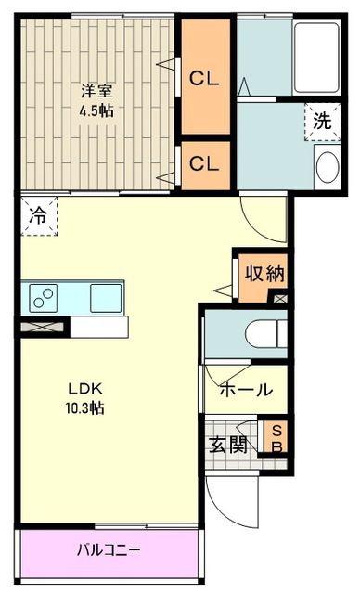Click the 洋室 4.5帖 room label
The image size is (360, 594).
click(96, 101)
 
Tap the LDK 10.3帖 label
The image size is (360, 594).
click(85, 398)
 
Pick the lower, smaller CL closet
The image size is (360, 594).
click(206, 165)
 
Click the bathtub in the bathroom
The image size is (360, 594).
click(316, 58)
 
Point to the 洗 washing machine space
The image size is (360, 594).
click(323, 122)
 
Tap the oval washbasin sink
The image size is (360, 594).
click(328, 167)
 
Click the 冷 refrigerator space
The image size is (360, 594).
click(39, 216)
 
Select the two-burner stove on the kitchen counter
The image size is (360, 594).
click(44, 298)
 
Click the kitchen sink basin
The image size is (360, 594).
click(106, 298)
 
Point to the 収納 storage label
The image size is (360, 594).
click(264, 273)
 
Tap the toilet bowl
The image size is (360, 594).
click(266, 334)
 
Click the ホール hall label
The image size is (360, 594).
click(246, 390)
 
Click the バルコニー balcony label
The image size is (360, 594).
click(109, 549)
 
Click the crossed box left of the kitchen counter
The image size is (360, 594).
click(43, 328)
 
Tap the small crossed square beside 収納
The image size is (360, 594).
click(281, 299)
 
